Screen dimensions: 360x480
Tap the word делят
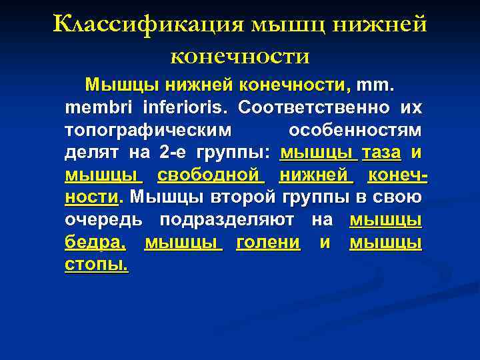coord(92,153)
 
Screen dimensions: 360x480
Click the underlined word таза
coord(381,153)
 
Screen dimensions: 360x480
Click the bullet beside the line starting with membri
coord(57,108)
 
